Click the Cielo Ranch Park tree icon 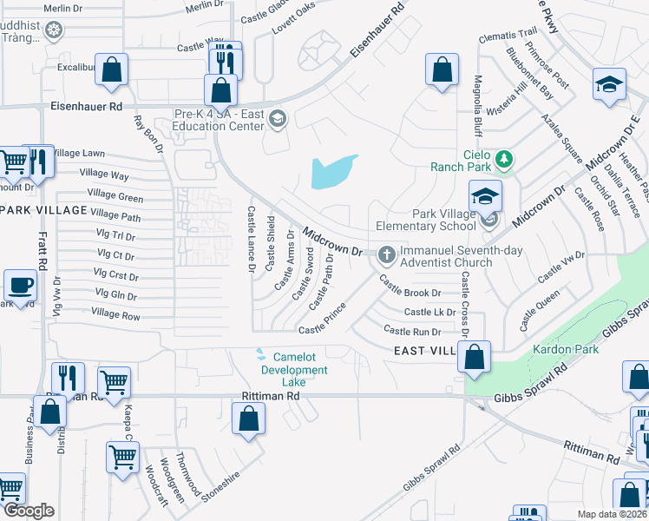502,160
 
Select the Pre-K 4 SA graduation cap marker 278,118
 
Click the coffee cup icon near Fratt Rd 20,284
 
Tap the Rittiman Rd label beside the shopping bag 270,395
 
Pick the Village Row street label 115,314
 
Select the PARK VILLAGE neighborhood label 43,211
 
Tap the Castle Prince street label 323,320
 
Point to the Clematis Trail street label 508,36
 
